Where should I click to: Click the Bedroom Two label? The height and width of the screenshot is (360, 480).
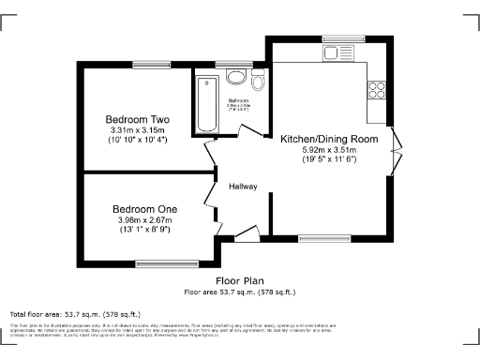[x=136, y=120]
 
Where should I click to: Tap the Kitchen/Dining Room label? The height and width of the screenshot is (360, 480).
[x=328, y=138]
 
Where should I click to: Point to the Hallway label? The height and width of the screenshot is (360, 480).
[x=244, y=187]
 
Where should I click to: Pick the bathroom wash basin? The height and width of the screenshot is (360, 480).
[x=235, y=76]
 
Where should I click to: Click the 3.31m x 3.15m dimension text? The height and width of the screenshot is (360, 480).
[x=136, y=130]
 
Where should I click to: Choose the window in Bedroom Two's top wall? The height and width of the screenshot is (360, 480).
[x=148, y=65]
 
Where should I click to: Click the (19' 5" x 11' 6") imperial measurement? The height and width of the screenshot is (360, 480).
[x=328, y=159]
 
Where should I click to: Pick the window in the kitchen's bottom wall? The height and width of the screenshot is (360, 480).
[x=319, y=240]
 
